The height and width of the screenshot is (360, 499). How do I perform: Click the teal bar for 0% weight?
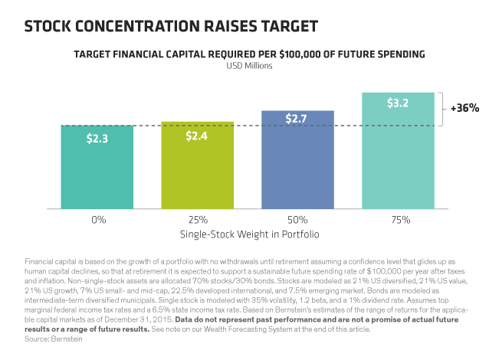[97, 167]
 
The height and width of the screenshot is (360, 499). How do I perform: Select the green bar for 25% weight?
[197, 165]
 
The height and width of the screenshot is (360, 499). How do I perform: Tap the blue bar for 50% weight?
[297, 159]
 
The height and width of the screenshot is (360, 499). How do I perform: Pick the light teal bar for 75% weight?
[398, 151]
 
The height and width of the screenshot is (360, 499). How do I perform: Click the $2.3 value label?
[97, 139]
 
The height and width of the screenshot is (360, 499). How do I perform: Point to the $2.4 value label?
[197, 136]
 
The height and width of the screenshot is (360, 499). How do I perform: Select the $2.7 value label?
[296, 119]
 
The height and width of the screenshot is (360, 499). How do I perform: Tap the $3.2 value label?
[398, 103]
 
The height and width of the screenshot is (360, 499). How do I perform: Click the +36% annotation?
[465, 108]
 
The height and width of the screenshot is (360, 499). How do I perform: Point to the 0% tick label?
[99, 220]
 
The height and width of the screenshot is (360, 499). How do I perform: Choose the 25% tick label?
[198, 220]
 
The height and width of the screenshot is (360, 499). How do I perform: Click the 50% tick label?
[297, 220]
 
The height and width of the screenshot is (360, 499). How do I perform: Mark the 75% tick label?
[401, 220]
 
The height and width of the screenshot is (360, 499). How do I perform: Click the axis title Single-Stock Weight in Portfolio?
[250, 234]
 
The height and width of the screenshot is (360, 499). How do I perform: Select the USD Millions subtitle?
[250, 66]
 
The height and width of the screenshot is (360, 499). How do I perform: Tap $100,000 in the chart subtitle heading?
[300, 54]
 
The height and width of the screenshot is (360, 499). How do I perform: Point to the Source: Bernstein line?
[54, 339]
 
